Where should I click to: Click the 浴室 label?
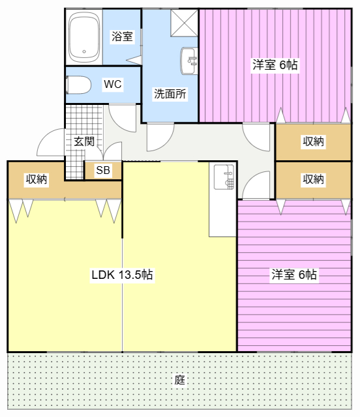[122, 36]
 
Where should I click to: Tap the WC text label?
[112, 85]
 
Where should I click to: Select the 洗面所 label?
[170, 93]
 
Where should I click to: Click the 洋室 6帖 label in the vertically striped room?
[275, 65]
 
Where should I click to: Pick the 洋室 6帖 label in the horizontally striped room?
[294, 275]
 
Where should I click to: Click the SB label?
[103, 171]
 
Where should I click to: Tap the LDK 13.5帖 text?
[122, 275]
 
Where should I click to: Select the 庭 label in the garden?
[180, 380]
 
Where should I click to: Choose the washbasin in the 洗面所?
[188, 61]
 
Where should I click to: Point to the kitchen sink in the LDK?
[224, 177]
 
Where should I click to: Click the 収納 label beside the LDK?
[36, 179]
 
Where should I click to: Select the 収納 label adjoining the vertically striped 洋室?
[314, 141]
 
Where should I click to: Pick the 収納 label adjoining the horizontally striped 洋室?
[314, 179]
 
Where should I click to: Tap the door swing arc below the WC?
[121, 115]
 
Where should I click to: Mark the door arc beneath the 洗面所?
[160, 135]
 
